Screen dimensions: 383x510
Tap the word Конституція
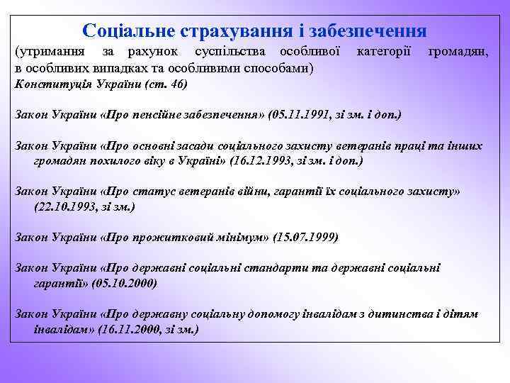47,84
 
